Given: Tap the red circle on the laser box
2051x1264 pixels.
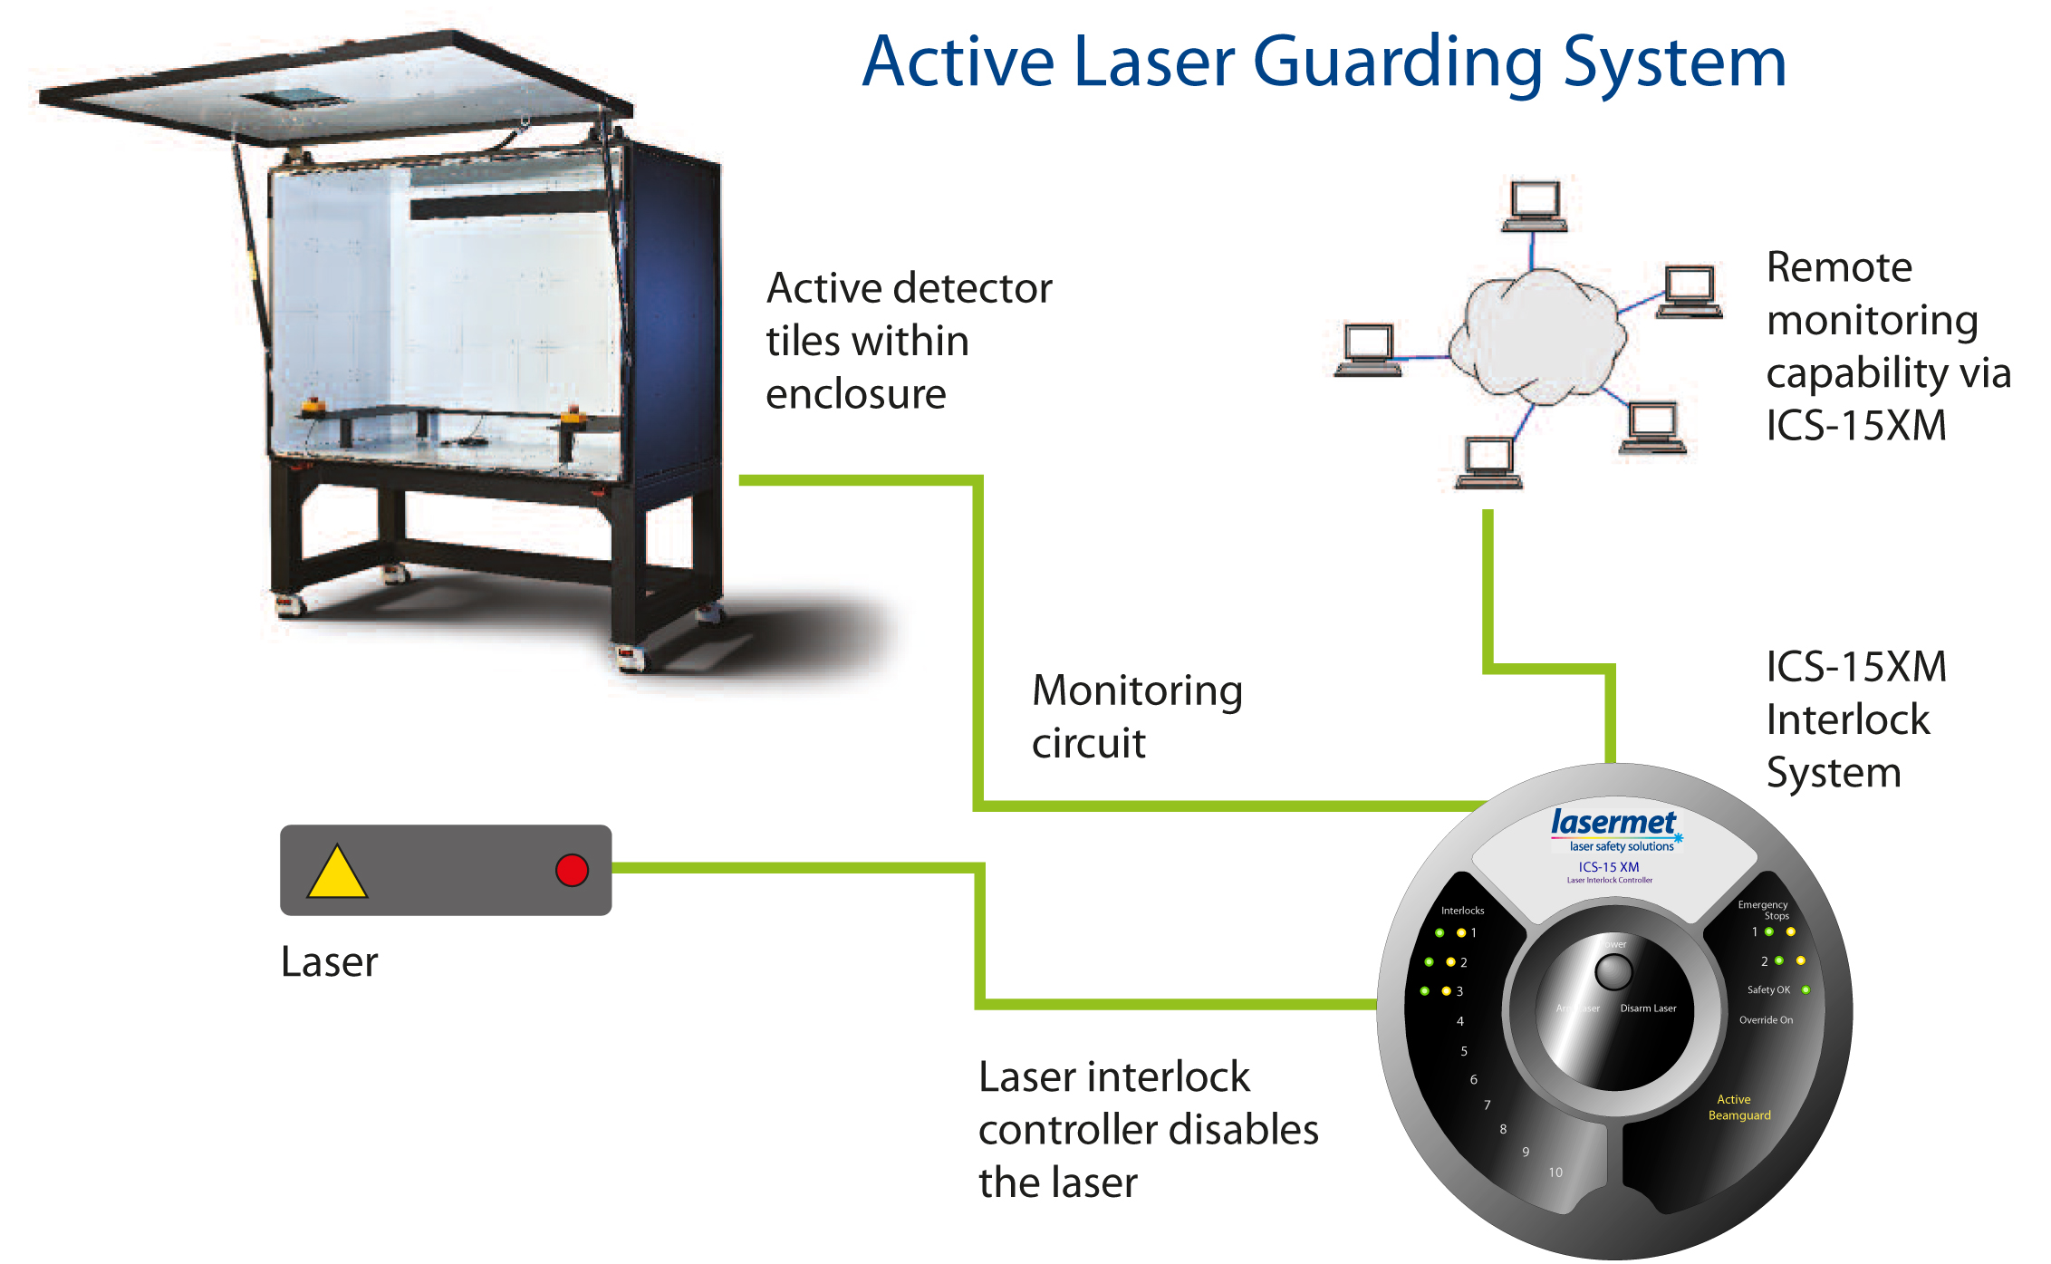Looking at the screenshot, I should click(x=572, y=870).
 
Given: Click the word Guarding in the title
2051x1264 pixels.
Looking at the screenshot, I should click(x=1396, y=63).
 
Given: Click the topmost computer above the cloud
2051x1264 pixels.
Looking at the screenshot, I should click(x=1534, y=206).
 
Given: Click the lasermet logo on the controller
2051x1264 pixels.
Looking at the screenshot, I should click(x=1613, y=823).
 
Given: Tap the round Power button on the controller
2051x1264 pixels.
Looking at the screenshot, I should click(x=1613, y=972).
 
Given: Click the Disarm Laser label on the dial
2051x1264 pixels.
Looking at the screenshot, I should click(x=1648, y=1008).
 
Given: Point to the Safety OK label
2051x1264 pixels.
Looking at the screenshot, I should click(x=1767, y=990).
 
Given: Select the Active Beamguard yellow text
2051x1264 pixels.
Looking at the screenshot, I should click(x=1738, y=1107).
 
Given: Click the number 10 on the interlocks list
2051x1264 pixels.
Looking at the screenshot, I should click(x=1555, y=1172).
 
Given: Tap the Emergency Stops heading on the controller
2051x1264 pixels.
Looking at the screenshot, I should click(x=1763, y=910).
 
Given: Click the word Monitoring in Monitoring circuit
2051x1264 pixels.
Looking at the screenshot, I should click(x=1136, y=691).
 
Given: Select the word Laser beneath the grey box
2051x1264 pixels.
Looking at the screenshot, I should click(x=329, y=962).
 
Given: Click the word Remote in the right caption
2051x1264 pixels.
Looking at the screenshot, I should click(x=1838, y=268).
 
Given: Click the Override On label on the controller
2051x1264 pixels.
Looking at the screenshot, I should click(x=1765, y=1020).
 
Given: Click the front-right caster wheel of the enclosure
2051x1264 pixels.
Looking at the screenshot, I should click(x=631, y=657).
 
